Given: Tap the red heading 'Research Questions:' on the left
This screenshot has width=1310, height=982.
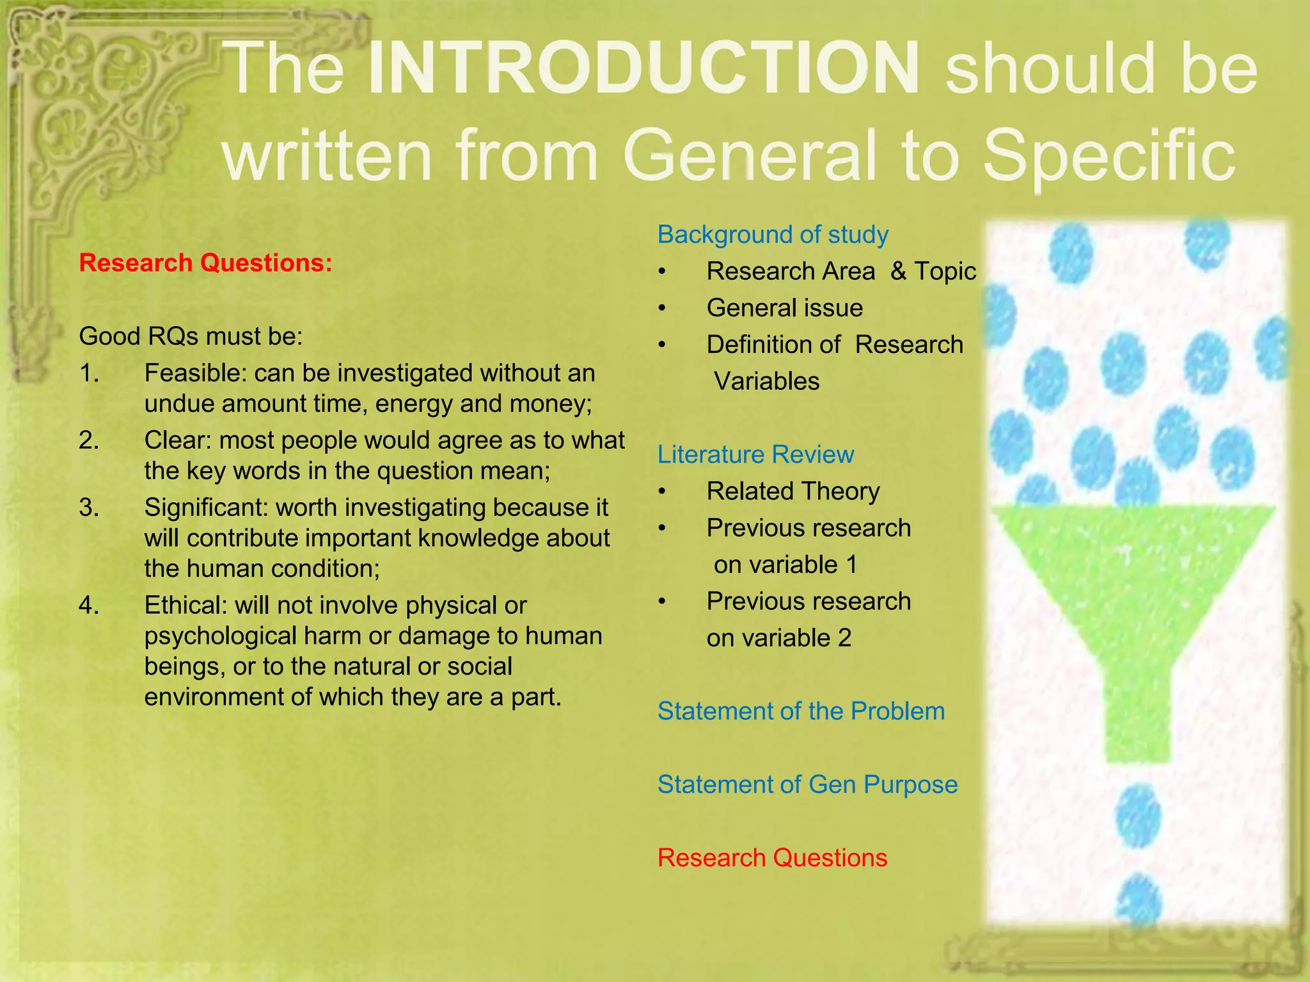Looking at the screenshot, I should point(205,263).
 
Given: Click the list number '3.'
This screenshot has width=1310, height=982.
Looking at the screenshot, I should point(89,507).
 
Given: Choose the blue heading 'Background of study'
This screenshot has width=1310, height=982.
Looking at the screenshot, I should point(773,235).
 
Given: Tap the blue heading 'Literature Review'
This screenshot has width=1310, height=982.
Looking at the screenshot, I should point(755,455).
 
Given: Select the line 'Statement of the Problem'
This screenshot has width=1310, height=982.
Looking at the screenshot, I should point(801,711).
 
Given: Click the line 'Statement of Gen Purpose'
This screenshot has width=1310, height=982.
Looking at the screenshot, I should point(807,784).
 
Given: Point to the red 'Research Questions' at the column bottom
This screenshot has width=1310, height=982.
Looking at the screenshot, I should point(772,858).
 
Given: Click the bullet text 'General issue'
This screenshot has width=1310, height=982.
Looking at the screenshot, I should point(784,308).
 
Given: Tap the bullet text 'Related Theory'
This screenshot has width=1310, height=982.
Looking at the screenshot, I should point(793,491).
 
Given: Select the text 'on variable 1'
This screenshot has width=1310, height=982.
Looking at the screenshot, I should point(785,565).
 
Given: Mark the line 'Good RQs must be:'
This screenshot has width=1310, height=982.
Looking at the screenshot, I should point(191,336).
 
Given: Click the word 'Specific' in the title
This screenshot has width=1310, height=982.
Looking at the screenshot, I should point(1108,155).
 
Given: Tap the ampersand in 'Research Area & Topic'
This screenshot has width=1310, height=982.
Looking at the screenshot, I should point(898,271).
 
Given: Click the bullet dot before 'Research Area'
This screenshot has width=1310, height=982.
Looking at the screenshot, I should point(663,272).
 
